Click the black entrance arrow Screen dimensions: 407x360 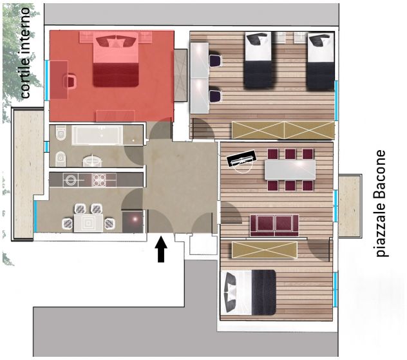(x=161, y=249)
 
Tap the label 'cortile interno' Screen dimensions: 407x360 (x=25, y=53)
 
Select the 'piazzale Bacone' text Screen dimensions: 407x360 (x=381, y=204)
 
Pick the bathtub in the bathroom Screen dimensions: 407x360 (x=97, y=135)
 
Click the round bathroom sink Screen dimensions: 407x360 (x=92, y=161)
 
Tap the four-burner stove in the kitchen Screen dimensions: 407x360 (x=99, y=180)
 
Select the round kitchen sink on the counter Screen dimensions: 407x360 (x=71, y=180)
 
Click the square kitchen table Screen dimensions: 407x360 (x=88, y=223)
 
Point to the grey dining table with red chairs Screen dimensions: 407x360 (x=290, y=170)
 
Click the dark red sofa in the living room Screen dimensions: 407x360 (x=274, y=225)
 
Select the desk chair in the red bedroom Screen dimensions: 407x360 (x=70, y=81)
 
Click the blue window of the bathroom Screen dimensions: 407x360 (x=47, y=147)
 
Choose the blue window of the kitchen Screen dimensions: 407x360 (x=35, y=216)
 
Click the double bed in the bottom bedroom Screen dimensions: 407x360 (x=248, y=292)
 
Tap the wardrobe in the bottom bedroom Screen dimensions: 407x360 (x=265, y=250)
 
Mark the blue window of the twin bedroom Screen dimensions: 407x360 (x=336, y=100)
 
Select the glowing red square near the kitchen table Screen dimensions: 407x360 (x=133, y=222)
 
